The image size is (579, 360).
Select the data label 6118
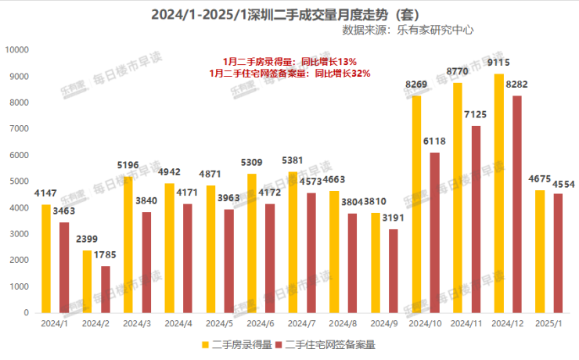tap(435, 142)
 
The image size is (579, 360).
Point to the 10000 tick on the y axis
tap(16, 50)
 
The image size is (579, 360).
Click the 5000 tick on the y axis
tap(19, 182)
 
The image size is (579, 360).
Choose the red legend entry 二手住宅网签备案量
tap(329, 344)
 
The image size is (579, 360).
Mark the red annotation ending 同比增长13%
tap(289, 61)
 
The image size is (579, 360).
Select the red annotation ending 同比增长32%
tap(289, 73)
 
